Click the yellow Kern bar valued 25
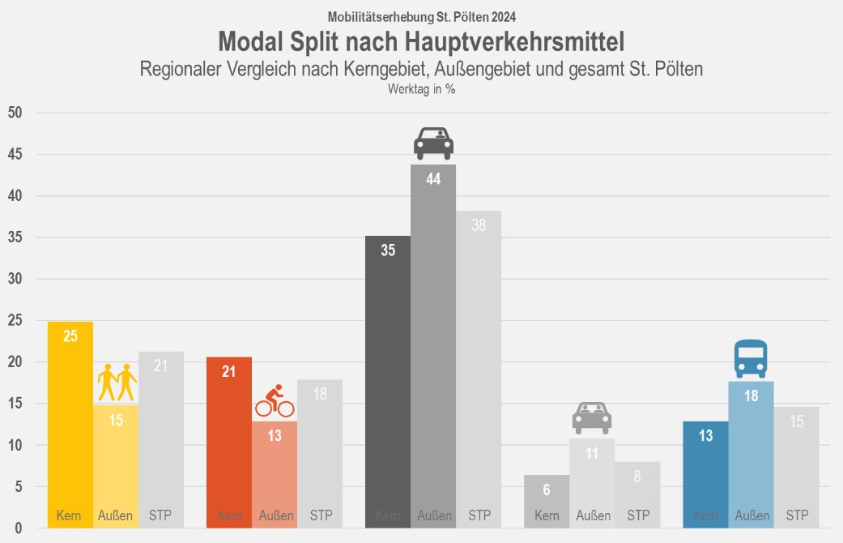point(70,425)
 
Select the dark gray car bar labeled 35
point(388,382)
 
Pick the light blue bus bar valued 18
point(751,455)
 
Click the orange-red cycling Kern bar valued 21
point(229,443)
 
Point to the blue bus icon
point(751,359)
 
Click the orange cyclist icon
point(275,401)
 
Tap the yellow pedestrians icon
point(116,383)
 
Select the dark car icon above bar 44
point(433,143)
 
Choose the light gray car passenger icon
point(592,417)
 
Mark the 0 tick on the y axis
point(17,528)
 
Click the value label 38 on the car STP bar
point(479,226)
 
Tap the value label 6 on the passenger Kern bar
point(547,490)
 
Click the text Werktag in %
point(421,90)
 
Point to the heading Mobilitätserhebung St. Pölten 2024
point(421,16)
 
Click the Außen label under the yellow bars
point(116,515)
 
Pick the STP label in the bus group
point(797,515)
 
